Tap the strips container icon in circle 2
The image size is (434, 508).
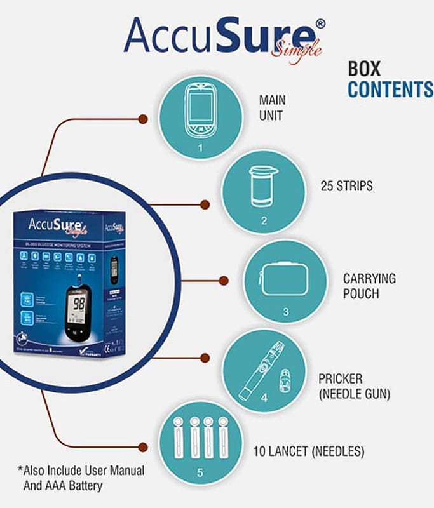pos(262,185)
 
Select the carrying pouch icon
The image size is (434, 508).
pos(285,279)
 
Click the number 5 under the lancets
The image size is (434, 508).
pos(201,472)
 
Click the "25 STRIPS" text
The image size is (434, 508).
pos(347,187)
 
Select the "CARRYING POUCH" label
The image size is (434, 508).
pos(369,285)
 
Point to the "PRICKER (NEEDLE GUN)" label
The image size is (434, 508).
pos(354,386)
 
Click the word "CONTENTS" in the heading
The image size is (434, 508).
pos(390,90)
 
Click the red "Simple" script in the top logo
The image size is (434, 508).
pos(297,46)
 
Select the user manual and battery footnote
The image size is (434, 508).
pos(81,478)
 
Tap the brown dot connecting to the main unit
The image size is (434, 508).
pos(143,119)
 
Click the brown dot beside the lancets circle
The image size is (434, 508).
pos(144,446)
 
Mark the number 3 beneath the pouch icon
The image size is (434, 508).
pos(286,312)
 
